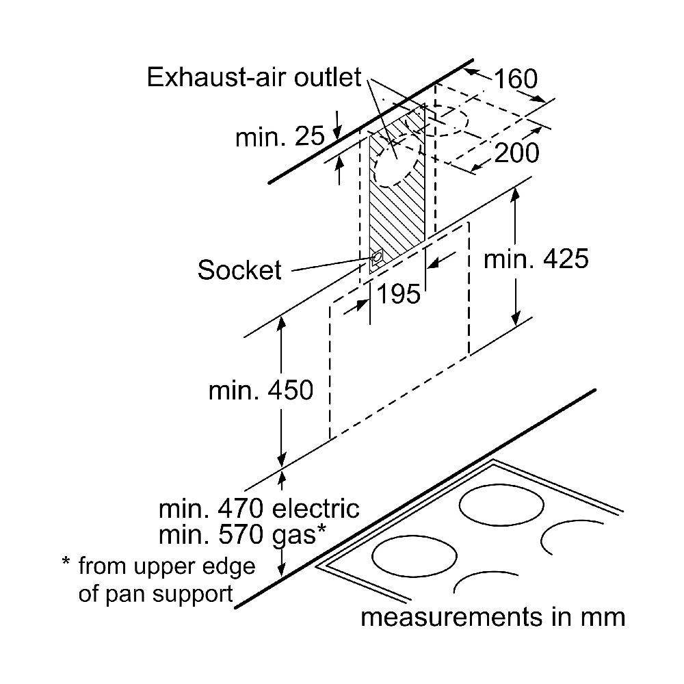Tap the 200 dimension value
pos(516,153)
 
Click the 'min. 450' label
pos(261,390)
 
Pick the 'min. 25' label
pos(280,137)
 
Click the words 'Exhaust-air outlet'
pos(254,77)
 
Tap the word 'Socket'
pos(239,270)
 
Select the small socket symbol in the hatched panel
pos(376,258)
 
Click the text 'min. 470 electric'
pos(259,509)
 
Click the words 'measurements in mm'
pos(492,617)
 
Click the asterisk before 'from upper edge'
pos(66,565)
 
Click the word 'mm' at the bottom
pos(603,617)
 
